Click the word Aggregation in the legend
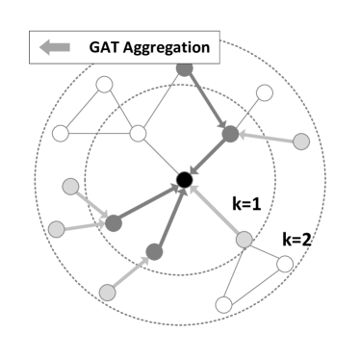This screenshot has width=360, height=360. point(169,45)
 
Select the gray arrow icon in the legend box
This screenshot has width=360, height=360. point(56,45)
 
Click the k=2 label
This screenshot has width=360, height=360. point(296,238)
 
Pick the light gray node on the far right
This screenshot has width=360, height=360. point(301,141)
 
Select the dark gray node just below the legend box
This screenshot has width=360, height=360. point(185,68)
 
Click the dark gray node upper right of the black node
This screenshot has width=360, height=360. point(230,135)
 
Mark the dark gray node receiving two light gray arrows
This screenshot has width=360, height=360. point(113,222)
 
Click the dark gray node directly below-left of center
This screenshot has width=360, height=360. point(152,252)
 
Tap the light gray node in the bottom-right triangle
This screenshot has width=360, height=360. point(244,240)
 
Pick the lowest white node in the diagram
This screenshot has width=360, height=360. point(223,305)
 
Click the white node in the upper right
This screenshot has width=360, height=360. point(265,94)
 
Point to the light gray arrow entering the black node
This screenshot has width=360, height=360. point(214,210)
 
